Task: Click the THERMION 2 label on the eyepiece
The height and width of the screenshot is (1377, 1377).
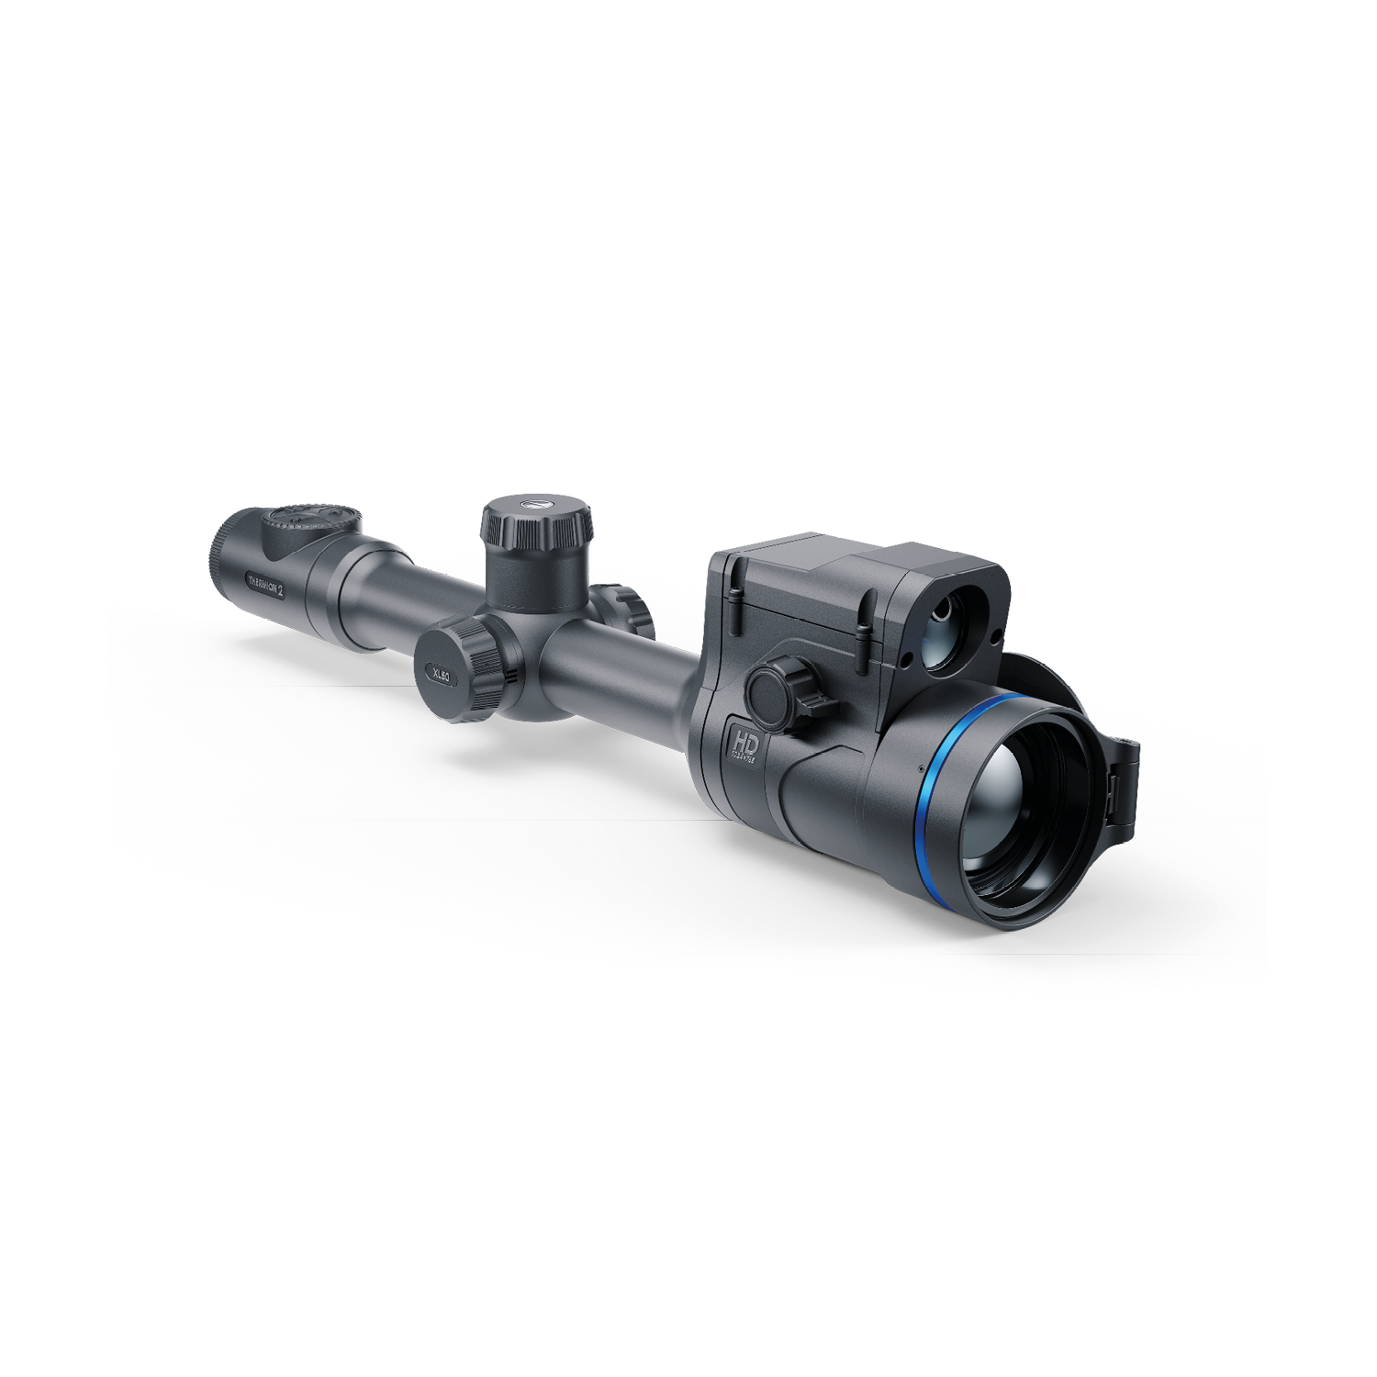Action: [266, 585]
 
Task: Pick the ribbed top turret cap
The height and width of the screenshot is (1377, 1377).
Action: [536, 523]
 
